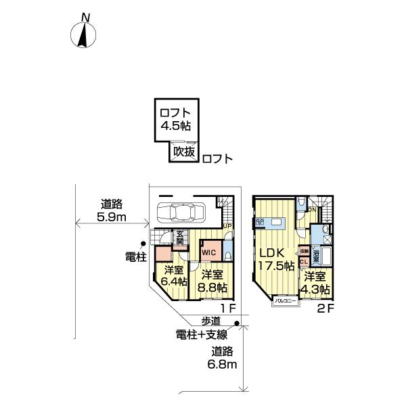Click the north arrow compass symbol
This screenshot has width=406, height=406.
[x=84, y=34]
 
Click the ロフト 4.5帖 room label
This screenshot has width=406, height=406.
[x=175, y=120]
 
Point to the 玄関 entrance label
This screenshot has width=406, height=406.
[x=180, y=237]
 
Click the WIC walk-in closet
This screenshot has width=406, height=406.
[x=210, y=252]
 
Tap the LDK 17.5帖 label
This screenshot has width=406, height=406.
[x=276, y=258]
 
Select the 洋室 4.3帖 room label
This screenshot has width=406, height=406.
[x=316, y=282]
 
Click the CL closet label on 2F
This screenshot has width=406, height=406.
[x=304, y=261]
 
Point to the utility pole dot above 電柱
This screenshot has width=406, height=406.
[x=143, y=244]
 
